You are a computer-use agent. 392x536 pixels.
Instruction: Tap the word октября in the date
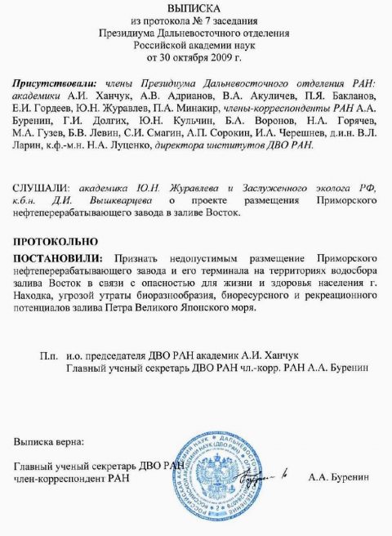pyautogui.click(x=184, y=59)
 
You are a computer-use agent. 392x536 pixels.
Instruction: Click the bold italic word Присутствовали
pyautogui.click(x=55, y=84)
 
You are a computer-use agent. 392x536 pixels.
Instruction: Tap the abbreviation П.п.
pyautogui.click(x=47, y=355)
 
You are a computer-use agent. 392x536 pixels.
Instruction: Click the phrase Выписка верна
pyautogui.click(x=47, y=442)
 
